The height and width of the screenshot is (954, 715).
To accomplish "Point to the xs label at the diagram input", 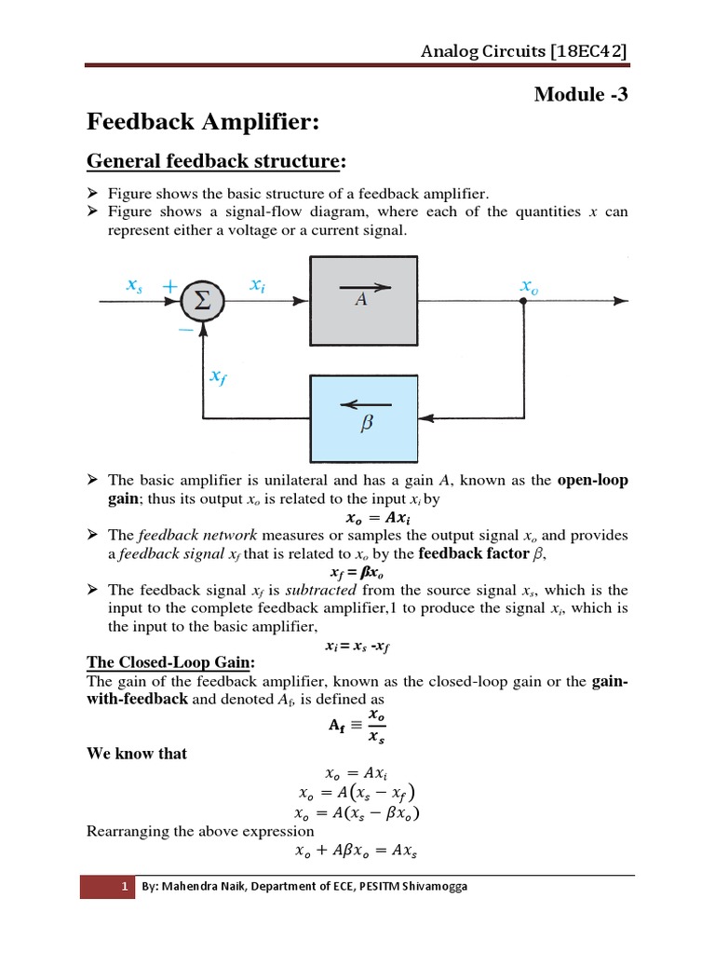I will point(134,288).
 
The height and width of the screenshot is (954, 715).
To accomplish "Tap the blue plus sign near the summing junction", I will point(171,287).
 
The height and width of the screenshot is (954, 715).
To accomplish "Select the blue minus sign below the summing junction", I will point(185,330).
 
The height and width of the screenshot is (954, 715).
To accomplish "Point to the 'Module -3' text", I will point(575,93).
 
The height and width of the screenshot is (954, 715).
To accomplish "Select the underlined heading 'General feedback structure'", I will point(212,162).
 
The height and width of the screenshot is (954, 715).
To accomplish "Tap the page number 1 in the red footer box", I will point(124,887).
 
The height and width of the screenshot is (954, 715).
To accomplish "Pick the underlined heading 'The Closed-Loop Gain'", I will point(166,662).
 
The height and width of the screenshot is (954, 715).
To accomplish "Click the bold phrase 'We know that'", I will point(137,754).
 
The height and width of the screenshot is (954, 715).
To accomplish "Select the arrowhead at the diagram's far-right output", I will point(621,300).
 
